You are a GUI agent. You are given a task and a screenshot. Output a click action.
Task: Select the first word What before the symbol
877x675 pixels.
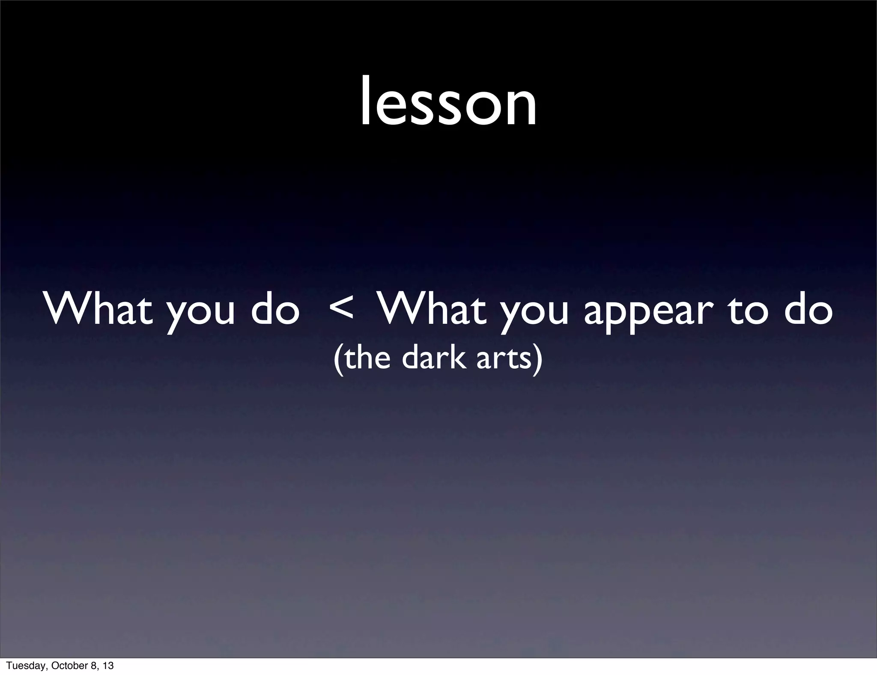point(98,309)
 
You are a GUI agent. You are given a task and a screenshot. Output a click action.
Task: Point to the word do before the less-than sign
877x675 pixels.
point(275,309)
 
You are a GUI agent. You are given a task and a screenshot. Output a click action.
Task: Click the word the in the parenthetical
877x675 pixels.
point(367,358)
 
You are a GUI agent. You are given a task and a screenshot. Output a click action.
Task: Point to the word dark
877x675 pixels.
point(433,358)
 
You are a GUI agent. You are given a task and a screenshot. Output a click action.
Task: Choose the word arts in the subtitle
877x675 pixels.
point(503,359)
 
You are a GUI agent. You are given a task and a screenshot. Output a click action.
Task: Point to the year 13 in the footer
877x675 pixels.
point(108,666)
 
